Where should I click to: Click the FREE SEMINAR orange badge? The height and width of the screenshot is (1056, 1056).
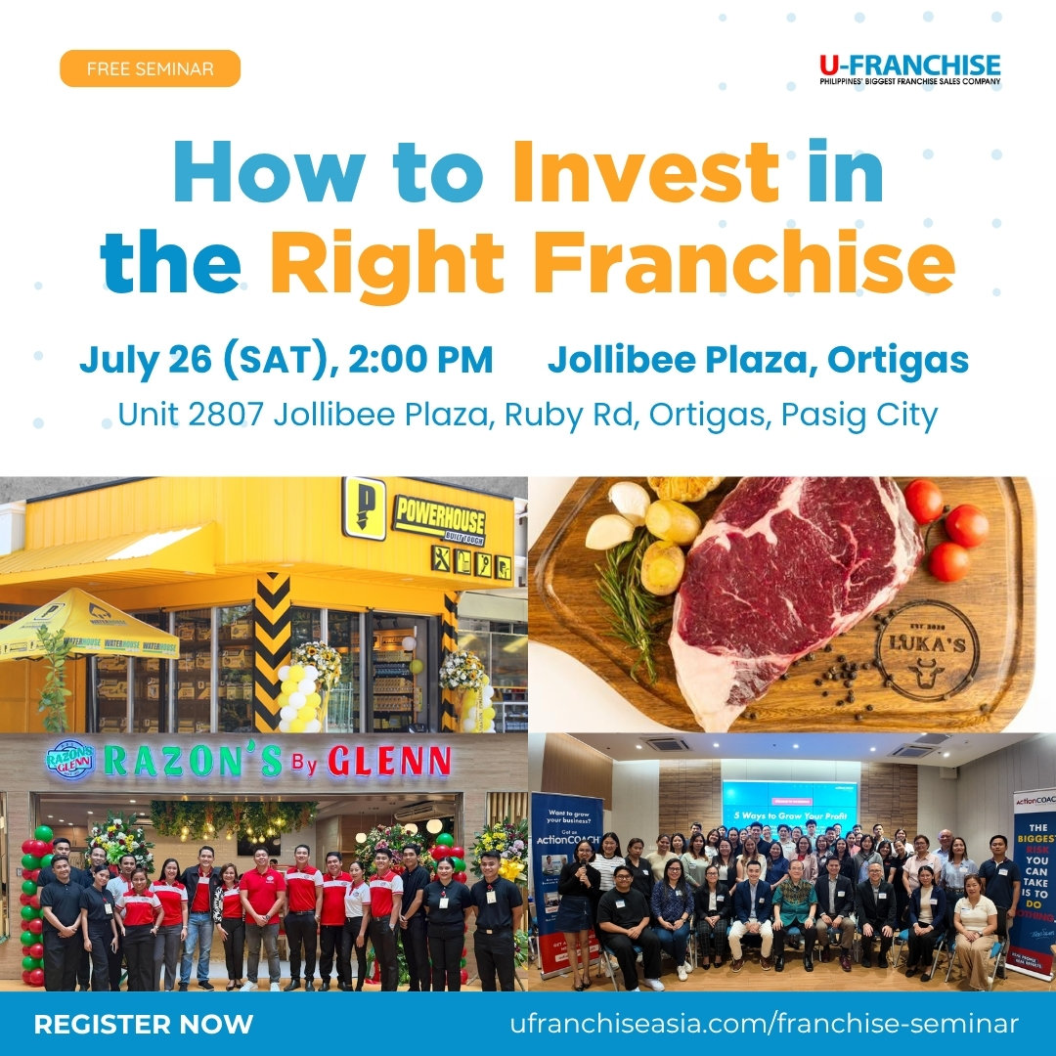click(x=150, y=69)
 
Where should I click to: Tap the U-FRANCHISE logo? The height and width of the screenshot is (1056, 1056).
click(x=909, y=69)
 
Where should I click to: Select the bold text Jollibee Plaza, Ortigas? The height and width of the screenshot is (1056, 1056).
click(x=758, y=360)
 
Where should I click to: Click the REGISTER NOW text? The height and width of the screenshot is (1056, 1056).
click(x=143, y=1024)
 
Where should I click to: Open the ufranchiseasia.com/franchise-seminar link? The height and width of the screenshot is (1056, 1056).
click(x=764, y=1024)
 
